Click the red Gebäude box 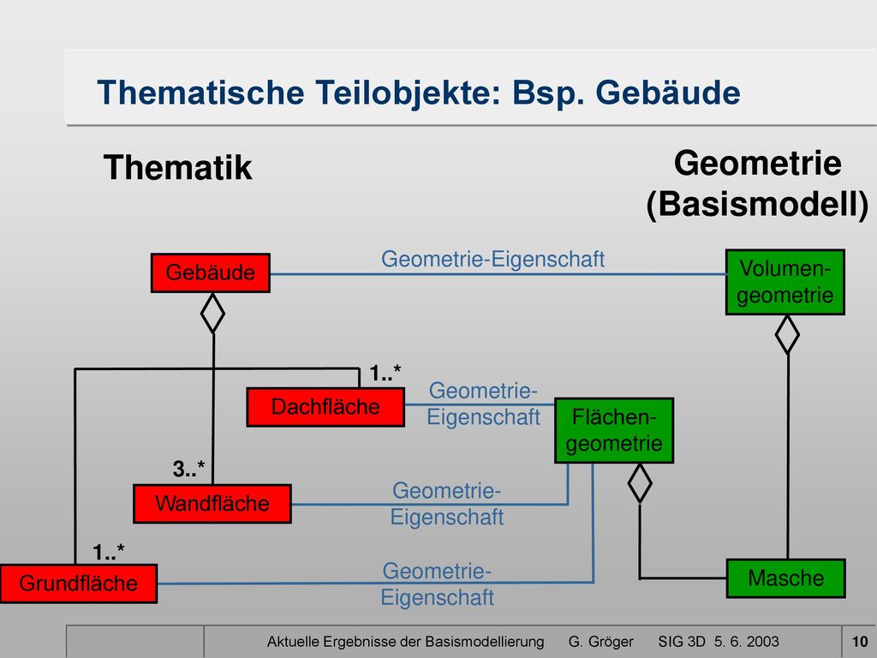pyautogui.click(x=211, y=273)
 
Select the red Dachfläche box pyautogui.click(x=325, y=407)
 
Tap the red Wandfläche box pyautogui.click(x=212, y=504)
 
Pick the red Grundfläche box pyautogui.click(x=78, y=583)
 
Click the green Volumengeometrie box pyautogui.click(x=785, y=282)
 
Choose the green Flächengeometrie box pyautogui.click(x=613, y=430)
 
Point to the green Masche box pyautogui.click(x=785, y=578)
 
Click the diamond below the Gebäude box pyautogui.click(x=212, y=314)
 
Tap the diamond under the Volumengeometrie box pyautogui.click(x=787, y=335)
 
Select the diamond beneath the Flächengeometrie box pyautogui.click(x=640, y=483)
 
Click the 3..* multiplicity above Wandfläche pyautogui.click(x=188, y=469)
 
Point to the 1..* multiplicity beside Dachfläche pyautogui.click(x=385, y=373)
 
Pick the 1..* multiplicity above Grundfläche pyautogui.click(x=109, y=553)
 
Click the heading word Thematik pyautogui.click(x=178, y=167)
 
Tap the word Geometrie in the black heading pyautogui.click(x=758, y=164)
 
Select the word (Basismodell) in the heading pyautogui.click(x=758, y=204)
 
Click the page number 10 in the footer pyautogui.click(x=860, y=641)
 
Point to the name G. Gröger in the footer pyautogui.click(x=600, y=642)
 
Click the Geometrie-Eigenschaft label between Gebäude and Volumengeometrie pyautogui.click(x=492, y=259)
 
